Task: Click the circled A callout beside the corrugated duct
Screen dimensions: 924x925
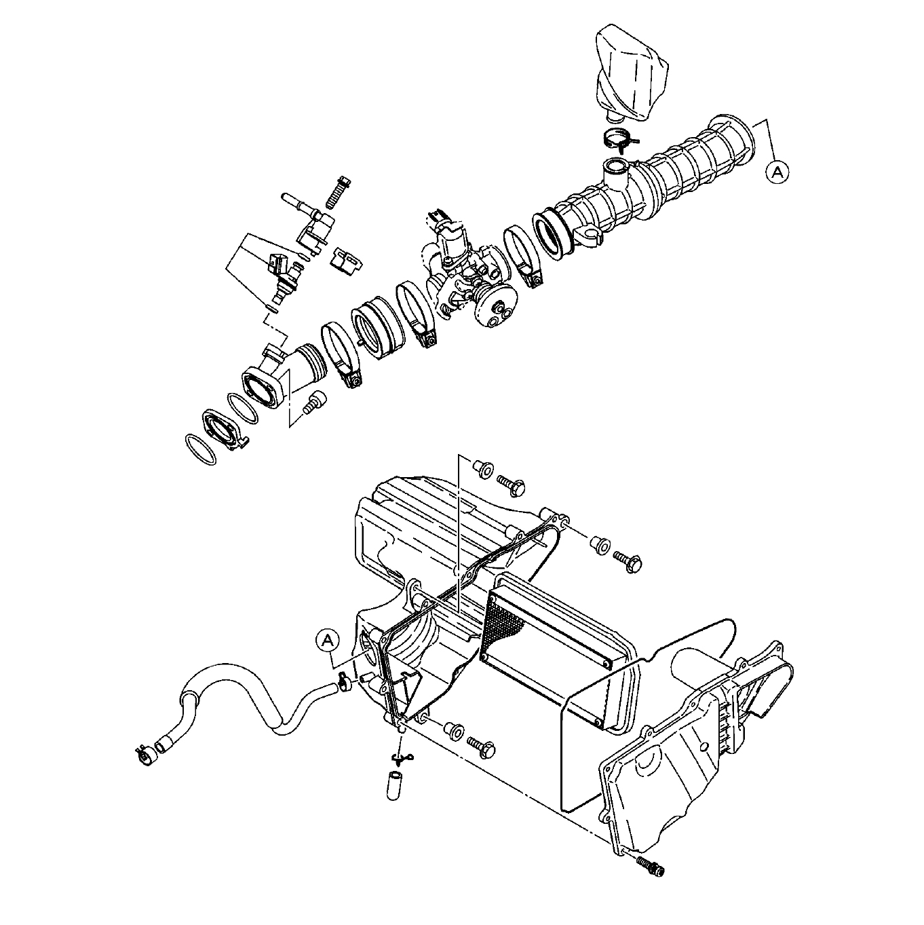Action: [777, 172]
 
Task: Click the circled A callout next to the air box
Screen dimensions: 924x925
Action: [328, 641]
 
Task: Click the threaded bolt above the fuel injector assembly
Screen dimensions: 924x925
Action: [336, 192]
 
